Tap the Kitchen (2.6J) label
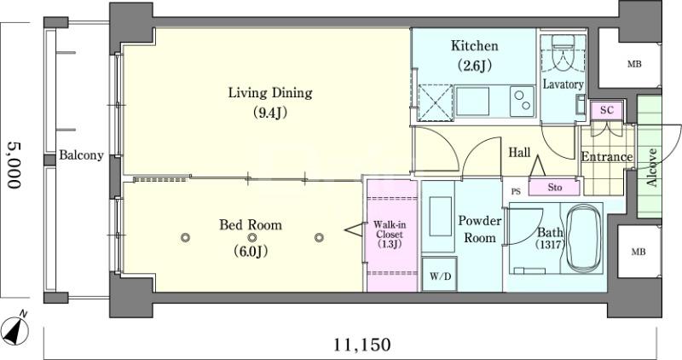pyautogui.click(x=474, y=55)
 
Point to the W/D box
pyautogui.click(x=440, y=275)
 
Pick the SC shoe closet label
pyautogui.click(x=606, y=110)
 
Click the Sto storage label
pyautogui.click(x=555, y=188)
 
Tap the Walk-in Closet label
pyautogui.click(x=390, y=235)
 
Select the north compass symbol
pyautogui.click(x=15, y=329)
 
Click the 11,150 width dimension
pyautogui.click(x=361, y=345)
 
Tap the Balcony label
pyautogui.click(x=81, y=155)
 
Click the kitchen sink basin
pyautogui.click(x=472, y=102)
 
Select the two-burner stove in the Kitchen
pyautogui.click(x=522, y=101)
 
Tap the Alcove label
pyautogui.click(x=651, y=167)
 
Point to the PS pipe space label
pyautogui.click(x=516, y=192)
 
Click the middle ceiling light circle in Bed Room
pyautogui.click(x=252, y=238)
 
